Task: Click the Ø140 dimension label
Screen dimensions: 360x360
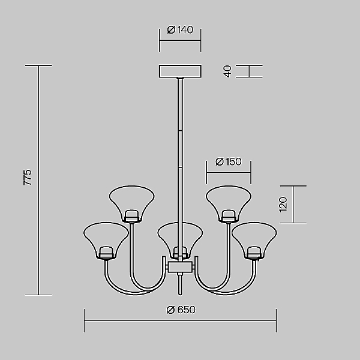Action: point(180,29)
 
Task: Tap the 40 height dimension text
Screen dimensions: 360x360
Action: point(227,71)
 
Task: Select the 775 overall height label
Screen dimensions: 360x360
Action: point(28,177)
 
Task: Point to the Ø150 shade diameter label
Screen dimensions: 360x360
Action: point(229,161)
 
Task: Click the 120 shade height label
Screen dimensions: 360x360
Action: point(283,205)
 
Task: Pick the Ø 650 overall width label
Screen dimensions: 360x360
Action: point(181,310)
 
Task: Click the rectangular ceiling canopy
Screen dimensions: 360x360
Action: point(180,71)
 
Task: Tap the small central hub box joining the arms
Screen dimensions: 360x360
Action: point(180,267)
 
